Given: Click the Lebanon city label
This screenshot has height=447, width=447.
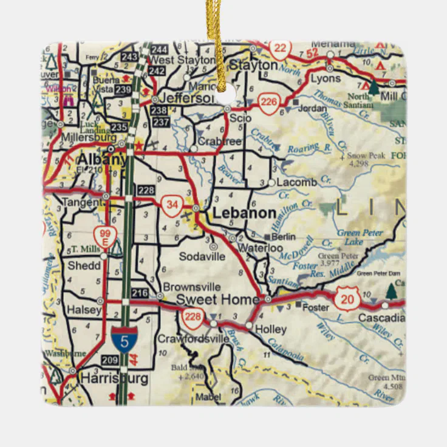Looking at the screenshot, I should [244, 213].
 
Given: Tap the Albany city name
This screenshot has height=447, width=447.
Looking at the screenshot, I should [101, 160].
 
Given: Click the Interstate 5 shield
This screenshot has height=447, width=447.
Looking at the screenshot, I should [124, 340].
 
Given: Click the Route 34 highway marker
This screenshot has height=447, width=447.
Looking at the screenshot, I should [172, 205].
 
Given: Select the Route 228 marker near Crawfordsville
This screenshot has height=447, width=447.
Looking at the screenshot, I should [193, 316].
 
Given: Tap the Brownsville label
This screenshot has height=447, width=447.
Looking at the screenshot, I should [191, 287].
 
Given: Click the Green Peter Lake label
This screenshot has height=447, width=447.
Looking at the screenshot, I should [360, 237].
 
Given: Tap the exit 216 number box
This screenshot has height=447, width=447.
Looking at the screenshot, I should [140, 293].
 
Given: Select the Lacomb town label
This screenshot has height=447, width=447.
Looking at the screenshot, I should [296, 182].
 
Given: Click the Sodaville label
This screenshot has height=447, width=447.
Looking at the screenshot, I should [202, 256].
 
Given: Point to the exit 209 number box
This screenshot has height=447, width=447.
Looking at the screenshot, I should [111, 360].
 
